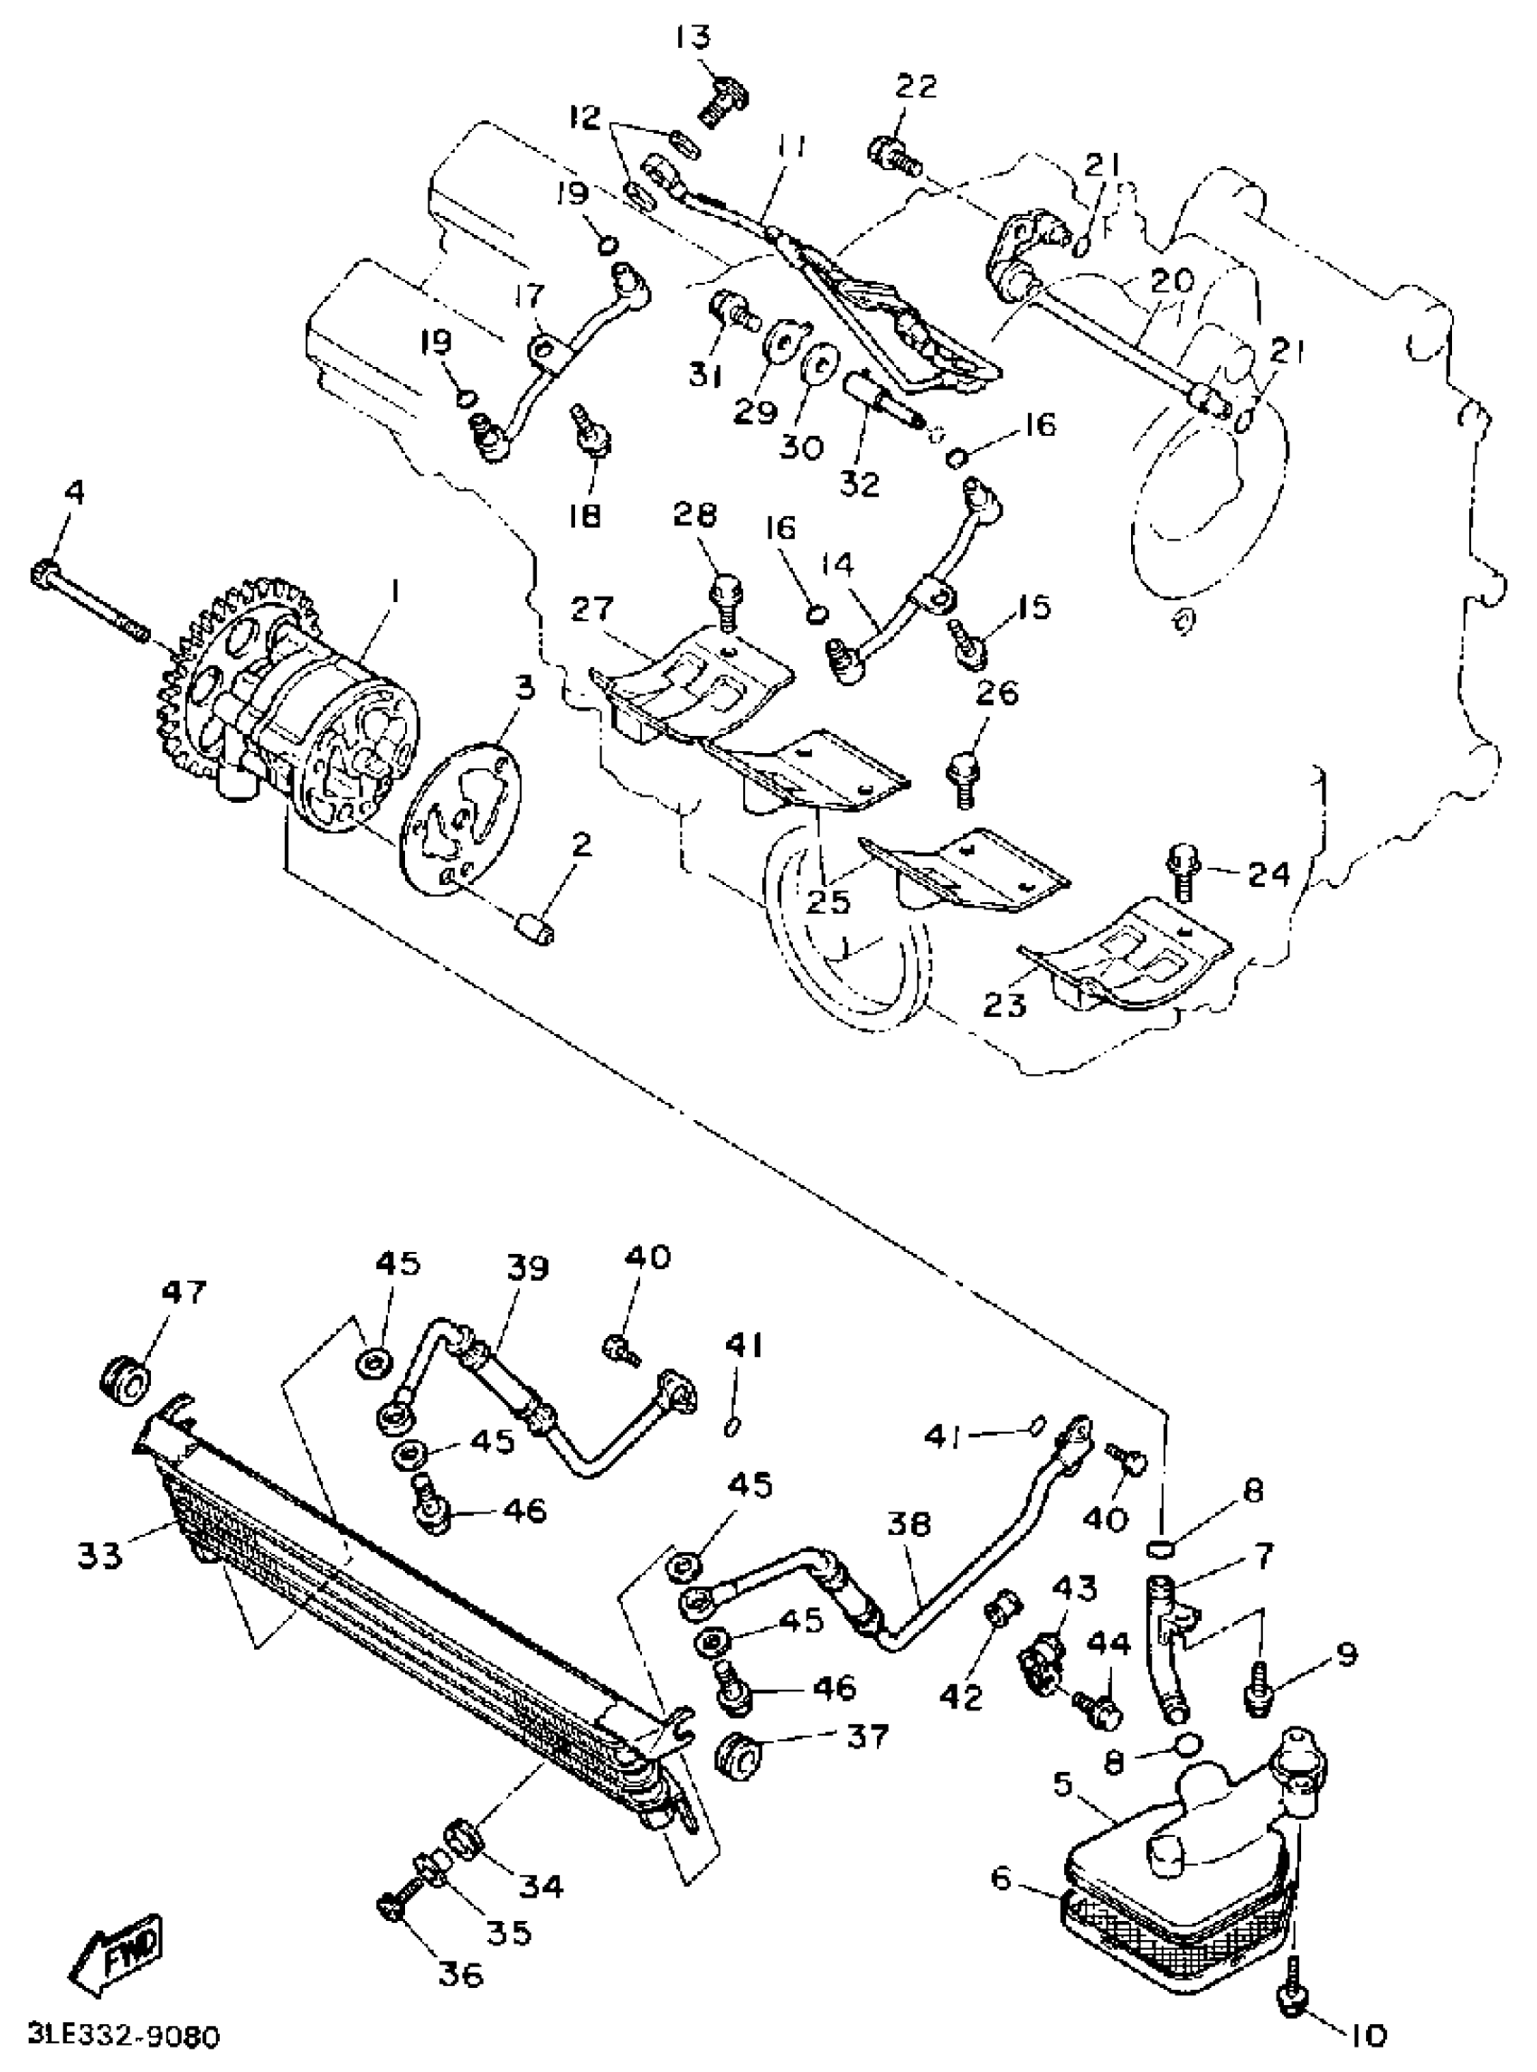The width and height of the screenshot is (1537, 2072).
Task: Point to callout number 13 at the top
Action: point(693,38)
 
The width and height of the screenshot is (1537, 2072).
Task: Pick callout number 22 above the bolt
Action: point(917,87)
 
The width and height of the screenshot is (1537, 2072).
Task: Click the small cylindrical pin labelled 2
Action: point(536,928)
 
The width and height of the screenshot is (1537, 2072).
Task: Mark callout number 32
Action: point(858,484)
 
